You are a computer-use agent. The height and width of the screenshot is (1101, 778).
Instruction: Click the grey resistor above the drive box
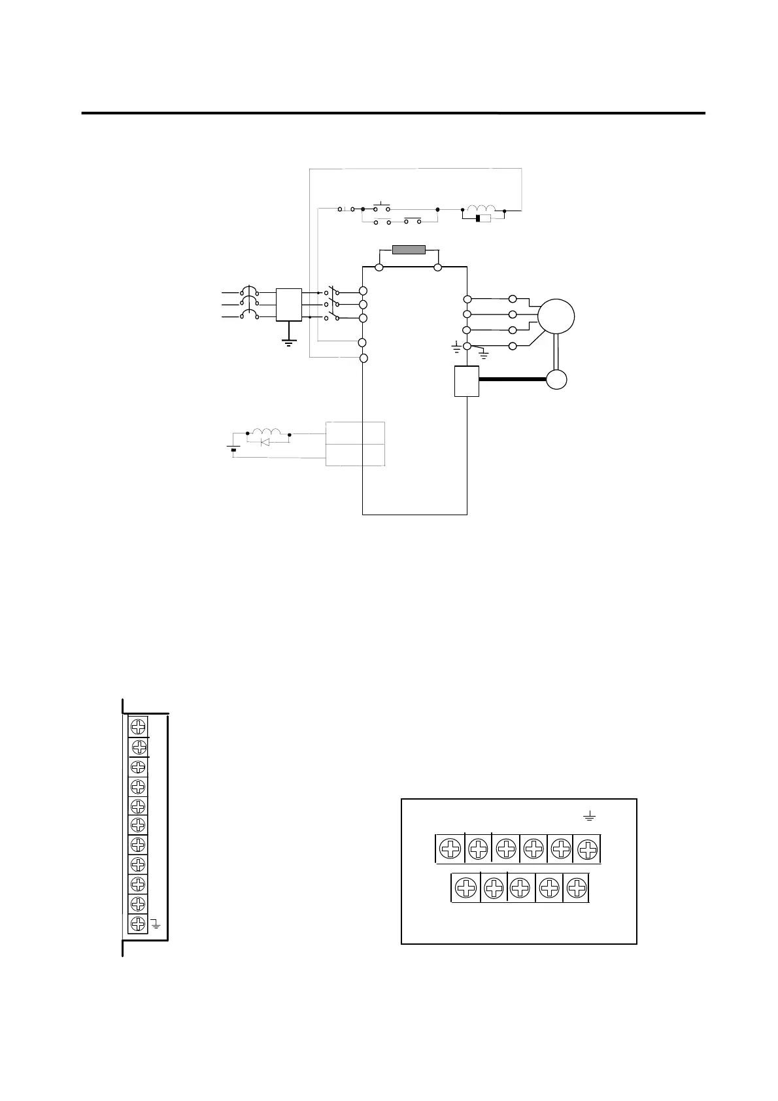(409, 250)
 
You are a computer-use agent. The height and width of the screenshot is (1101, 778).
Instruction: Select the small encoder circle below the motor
(556, 380)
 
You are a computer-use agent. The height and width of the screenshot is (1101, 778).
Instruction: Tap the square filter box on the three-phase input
(288, 305)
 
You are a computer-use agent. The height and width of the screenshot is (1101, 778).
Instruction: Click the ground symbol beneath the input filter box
(288, 341)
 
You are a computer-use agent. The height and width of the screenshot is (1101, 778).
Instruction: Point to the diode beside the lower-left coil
(265, 443)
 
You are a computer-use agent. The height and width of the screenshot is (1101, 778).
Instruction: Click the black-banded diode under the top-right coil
(483, 218)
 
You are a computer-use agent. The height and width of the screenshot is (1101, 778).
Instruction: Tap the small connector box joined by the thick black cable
(467, 381)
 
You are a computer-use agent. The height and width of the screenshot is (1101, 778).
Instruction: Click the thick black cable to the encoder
(513, 379)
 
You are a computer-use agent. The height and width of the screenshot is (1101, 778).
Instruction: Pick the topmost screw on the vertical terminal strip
(138, 726)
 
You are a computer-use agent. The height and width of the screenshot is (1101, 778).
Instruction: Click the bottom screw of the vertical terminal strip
(138, 923)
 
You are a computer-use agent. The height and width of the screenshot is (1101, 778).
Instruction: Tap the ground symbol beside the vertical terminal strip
(156, 924)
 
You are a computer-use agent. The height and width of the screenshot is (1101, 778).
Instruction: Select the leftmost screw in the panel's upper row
(450, 849)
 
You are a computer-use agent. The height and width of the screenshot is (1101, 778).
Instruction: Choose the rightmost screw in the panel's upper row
(588, 849)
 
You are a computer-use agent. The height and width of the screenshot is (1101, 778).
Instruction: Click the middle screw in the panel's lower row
(520, 888)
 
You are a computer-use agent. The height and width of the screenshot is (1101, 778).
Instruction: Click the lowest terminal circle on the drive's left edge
(364, 358)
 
